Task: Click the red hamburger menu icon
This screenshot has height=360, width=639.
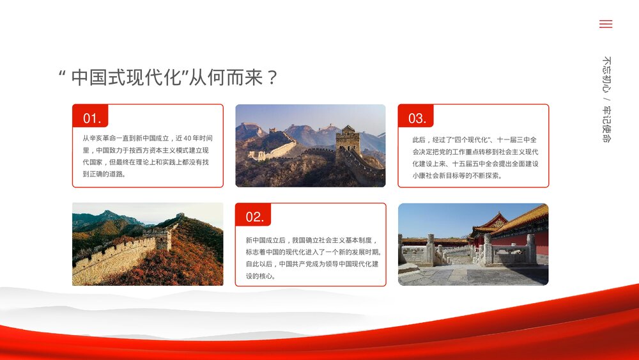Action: pyautogui.click(x=605, y=24)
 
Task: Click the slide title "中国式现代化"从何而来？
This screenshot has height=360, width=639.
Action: pyautogui.click(x=168, y=77)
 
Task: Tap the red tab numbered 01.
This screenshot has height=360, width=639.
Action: pyautogui.click(x=91, y=118)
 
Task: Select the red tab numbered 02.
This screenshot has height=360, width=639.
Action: pyautogui.click(x=254, y=217)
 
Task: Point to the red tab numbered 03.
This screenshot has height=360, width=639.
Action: pyautogui.click(x=417, y=118)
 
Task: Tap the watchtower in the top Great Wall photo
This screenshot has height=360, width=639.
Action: pyautogui.click(x=348, y=139)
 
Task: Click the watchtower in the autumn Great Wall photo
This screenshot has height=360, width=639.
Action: pyautogui.click(x=164, y=237)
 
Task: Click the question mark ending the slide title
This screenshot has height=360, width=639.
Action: pyautogui.click(x=272, y=78)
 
